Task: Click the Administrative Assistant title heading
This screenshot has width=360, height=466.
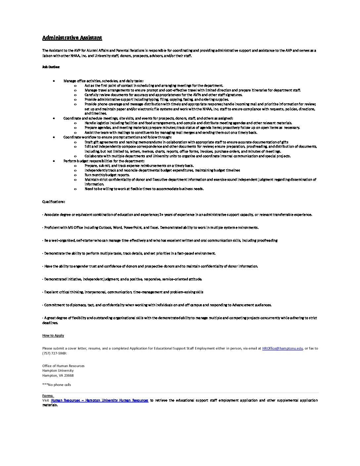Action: pyautogui.click(x=72, y=38)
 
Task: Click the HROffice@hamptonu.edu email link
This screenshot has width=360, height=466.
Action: pyautogui.click(x=282, y=348)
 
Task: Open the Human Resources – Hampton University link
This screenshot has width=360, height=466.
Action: pyautogui.click(x=100, y=400)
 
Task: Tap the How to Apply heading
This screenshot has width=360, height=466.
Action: pyautogui.click(x=53, y=336)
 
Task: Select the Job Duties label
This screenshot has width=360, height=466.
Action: pyautogui.click(x=51, y=67)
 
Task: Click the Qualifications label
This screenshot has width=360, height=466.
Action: pyautogui.click(x=54, y=202)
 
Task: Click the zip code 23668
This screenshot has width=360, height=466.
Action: pyautogui.click(x=68, y=376)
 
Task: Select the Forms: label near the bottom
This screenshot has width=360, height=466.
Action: pyautogui.click(x=48, y=396)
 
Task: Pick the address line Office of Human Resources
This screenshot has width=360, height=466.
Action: pyautogui.click(x=63, y=366)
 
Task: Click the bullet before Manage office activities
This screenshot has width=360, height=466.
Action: pyautogui.click(x=54, y=81)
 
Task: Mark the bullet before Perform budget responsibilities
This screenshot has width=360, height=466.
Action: pyautogui.click(x=54, y=161)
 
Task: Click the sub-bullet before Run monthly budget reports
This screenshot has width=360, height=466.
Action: pyautogui.click(x=75, y=175)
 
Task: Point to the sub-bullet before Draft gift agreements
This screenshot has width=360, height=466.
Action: pyautogui.click(x=75, y=142)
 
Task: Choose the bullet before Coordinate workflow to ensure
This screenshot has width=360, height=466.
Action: pyautogui.click(x=54, y=137)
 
